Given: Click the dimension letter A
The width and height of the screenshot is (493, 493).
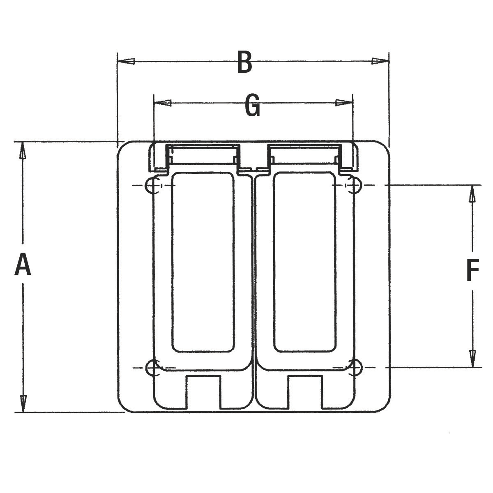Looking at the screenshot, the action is point(23,264).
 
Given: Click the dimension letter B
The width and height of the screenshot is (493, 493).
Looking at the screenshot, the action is point(244,62).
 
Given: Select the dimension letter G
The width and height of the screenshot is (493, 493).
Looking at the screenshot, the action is point(252,105).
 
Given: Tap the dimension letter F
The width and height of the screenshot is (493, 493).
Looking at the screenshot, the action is point(472,270).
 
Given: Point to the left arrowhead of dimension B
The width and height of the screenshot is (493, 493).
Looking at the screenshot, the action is point(126,61).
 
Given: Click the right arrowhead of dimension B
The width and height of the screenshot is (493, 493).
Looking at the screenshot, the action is point(380,61).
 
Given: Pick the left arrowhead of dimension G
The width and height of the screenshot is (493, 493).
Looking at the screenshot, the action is point(163,103).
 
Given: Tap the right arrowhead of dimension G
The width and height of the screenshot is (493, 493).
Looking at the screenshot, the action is point(344,103).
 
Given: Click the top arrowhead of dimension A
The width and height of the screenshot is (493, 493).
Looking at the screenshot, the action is point(23,150).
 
